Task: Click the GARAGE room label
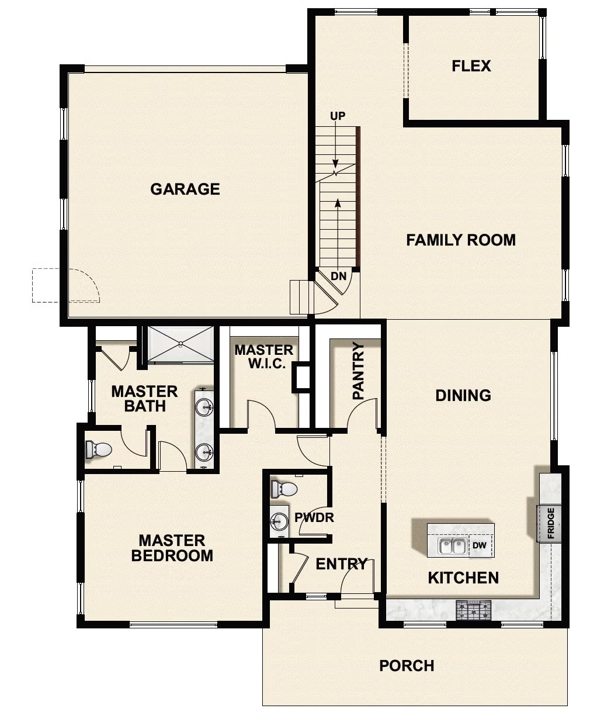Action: tap(185, 189)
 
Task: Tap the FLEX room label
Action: tap(471, 66)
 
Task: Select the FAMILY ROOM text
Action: tap(461, 240)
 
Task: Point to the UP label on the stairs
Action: tap(338, 116)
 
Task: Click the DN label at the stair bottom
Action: tap(338, 276)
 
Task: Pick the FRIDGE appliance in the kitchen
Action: tap(550, 523)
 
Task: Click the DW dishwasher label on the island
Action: tap(480, 546)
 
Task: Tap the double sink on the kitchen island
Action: tap(452, 547)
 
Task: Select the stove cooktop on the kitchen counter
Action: tap(473, 610)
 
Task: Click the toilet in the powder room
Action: tap(284, 489)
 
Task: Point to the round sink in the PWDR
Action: tap(280, 520)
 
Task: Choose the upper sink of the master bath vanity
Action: tap(204, 406)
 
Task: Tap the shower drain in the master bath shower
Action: tap(181, 344)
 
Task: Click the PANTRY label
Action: tap(358, 371)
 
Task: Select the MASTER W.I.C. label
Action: tap(263, 357)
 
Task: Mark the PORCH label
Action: tap(407, 666)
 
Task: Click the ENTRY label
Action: tap(341, 564)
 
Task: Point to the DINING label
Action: tap(463, 395)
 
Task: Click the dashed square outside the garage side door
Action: tap(46, 285)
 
